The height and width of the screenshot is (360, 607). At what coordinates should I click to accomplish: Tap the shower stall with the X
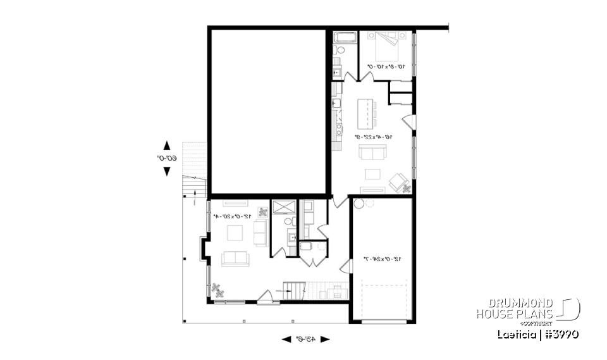[x=279, y=208]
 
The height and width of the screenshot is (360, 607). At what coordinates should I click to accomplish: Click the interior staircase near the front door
[x=295, y=292]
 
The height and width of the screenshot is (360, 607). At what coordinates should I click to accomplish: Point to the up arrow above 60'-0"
[x=167, y=145]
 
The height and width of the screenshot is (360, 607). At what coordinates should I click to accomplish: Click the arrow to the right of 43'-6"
[x=325, y=339]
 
